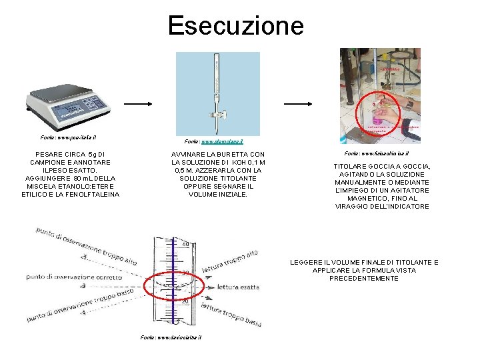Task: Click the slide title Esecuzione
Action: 236,26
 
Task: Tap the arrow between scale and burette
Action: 139,104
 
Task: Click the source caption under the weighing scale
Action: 69,137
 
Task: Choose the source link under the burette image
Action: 213,141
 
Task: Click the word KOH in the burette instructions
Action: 239,163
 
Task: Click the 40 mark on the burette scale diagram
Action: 185,243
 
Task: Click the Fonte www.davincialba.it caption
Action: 171,337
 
